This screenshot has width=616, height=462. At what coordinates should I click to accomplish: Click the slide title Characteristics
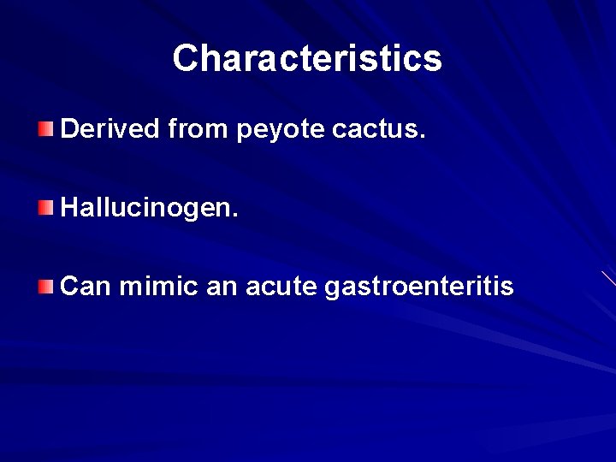tap(307, 58)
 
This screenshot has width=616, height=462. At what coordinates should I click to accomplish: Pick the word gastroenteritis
tap(419, 287)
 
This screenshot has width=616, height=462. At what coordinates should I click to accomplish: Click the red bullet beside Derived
tap(45, 129)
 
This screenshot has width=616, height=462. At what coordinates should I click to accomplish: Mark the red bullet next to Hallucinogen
tap(45, 207)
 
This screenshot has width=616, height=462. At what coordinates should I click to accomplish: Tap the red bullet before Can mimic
tap(45, 286)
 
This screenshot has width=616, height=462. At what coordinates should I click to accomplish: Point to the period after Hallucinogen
tap(235, 216)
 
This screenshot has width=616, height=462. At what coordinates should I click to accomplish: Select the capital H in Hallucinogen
tap(69, 207)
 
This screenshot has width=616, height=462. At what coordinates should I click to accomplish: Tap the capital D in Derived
tap(69, 129)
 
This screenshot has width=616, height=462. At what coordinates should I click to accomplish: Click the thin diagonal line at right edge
tap(608, 278)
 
